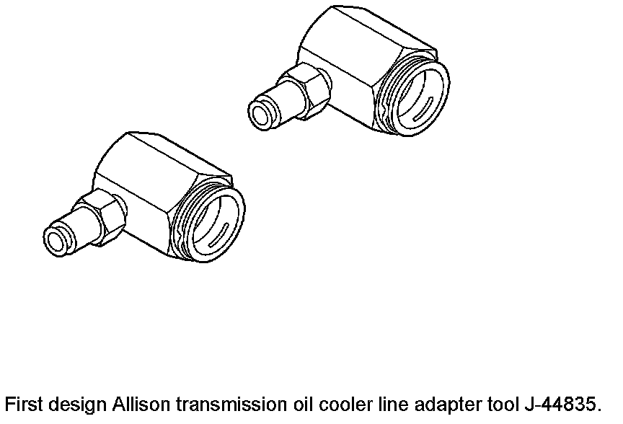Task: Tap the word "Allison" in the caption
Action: tap(136, 404)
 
